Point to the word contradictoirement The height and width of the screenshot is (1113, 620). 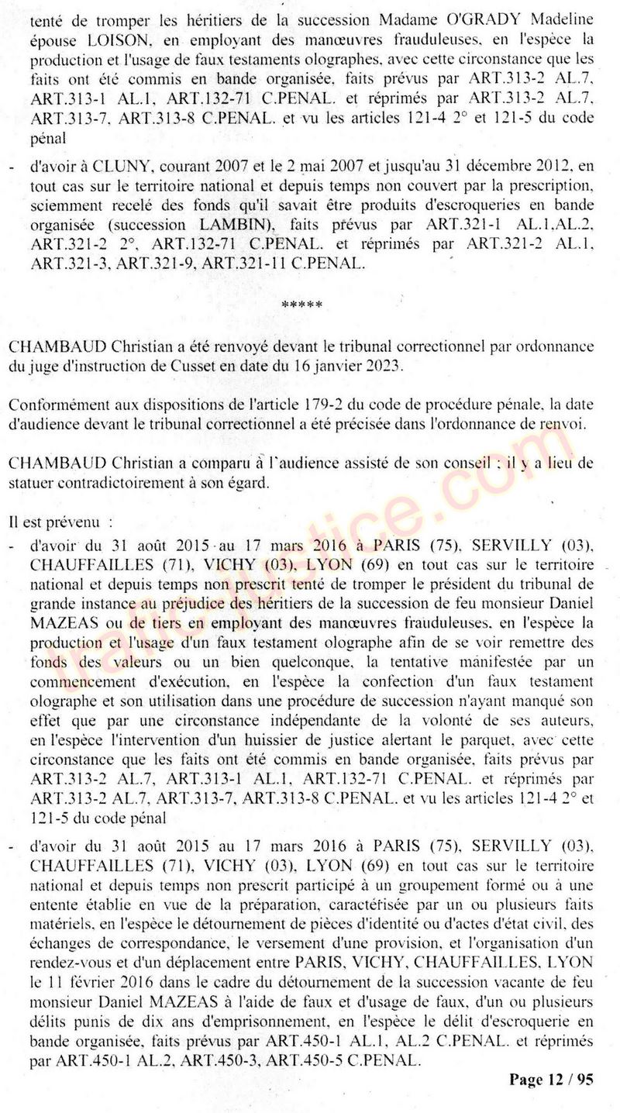point(138,481)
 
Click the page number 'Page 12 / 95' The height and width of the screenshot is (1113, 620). point(551,1080)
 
